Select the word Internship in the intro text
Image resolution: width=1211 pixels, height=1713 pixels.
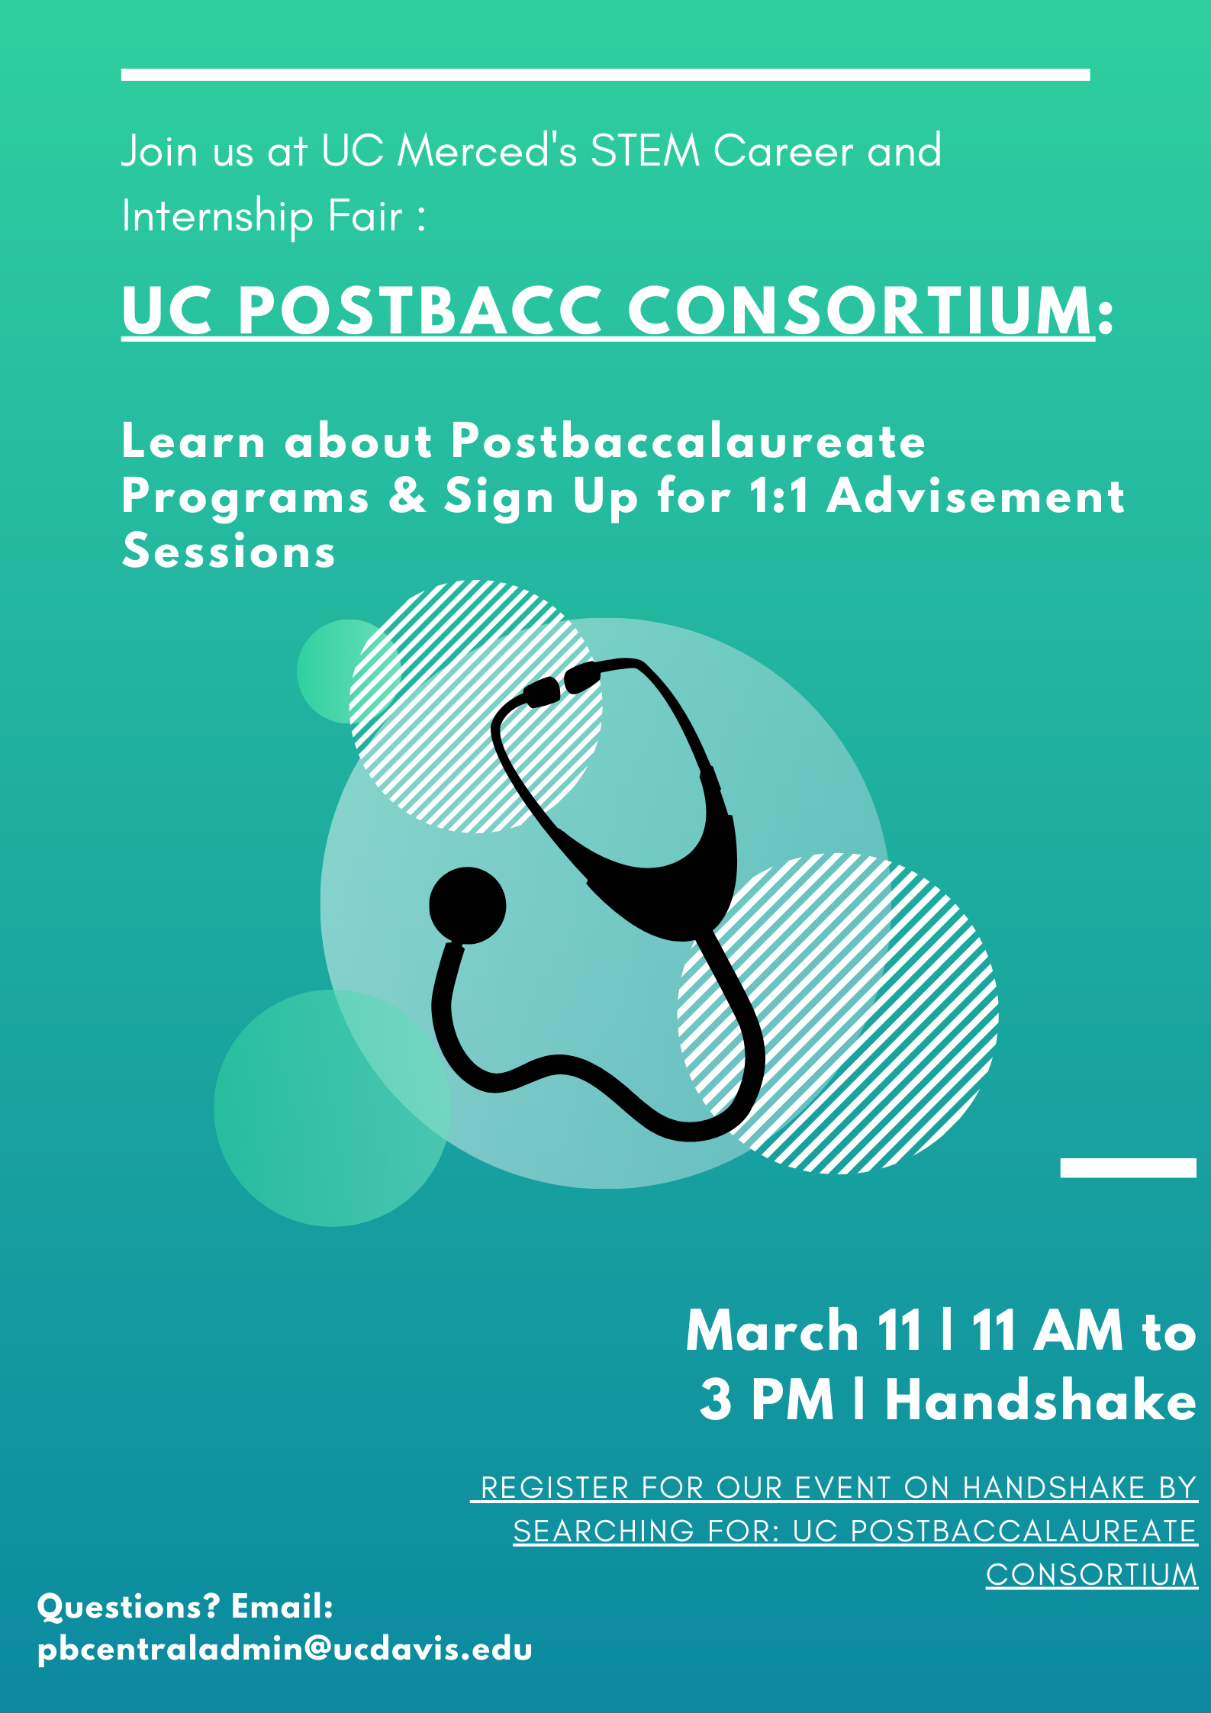(x=217, y=217)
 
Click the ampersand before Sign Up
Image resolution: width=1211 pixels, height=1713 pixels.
(x=407, y=496)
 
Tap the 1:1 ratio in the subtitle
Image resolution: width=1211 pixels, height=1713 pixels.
(x=779, y=496)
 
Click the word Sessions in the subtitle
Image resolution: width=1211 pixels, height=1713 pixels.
(x=229, y=551)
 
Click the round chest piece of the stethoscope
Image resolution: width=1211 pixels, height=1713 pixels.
(x=468, y=906)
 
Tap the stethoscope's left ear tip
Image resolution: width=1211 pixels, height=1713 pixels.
(x=542, y=692)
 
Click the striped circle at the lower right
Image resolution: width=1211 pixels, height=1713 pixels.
(x=838, y=1013)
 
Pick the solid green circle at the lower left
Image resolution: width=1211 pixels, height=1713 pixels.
(x=332, y=1108)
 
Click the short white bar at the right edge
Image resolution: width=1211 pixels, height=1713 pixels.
(x=1128, y=1167)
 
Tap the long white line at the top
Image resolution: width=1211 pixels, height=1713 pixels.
(x=605, y=75)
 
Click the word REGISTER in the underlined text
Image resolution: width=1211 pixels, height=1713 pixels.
(x=556, y=1488)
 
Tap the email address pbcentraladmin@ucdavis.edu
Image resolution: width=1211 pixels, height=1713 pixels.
(x=285, y=1650)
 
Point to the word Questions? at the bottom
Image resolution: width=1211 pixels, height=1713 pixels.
(x=128, y=1607)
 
